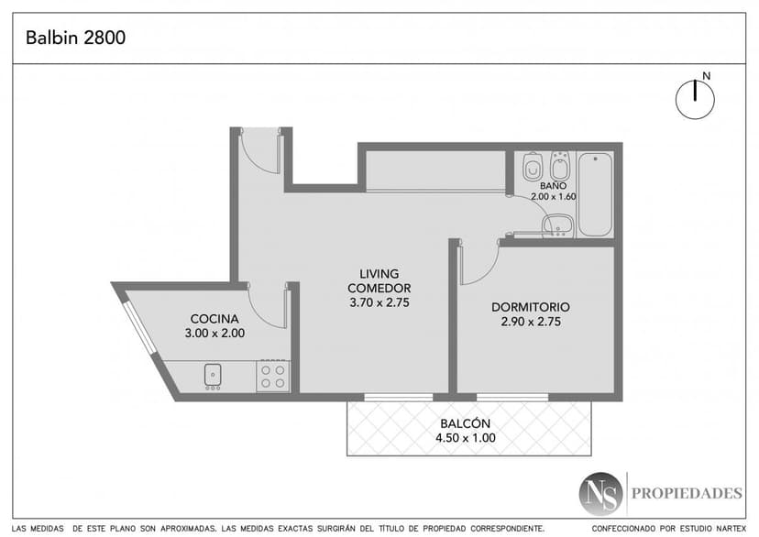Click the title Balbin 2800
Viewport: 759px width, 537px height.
(x=75, y=38)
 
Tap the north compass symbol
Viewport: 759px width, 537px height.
(x=695, y=99)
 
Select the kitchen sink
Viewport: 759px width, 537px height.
(x=213, y=376)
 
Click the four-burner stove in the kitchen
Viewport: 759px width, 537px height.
(x=273, y=377)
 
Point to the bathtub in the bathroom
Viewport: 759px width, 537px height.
(x=596, y=194)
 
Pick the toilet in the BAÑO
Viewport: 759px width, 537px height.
(x=533, y=167)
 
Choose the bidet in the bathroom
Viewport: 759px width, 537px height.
(x=560, y=166)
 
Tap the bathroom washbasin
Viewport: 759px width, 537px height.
(x=557, y=225)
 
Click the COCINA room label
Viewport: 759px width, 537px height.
(x=214, y=319)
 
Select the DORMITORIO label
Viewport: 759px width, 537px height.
(x=531, y=307)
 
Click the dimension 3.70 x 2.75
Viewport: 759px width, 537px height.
(x=379, y=302)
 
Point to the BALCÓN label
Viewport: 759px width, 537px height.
(x=465, y=422)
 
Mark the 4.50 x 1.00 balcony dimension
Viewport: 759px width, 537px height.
(x=466, y=438)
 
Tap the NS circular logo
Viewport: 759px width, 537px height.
(x=600, y=494)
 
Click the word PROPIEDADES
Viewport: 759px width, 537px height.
(x=687, y=493)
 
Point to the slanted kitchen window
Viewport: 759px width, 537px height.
(x=139, y=328)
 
